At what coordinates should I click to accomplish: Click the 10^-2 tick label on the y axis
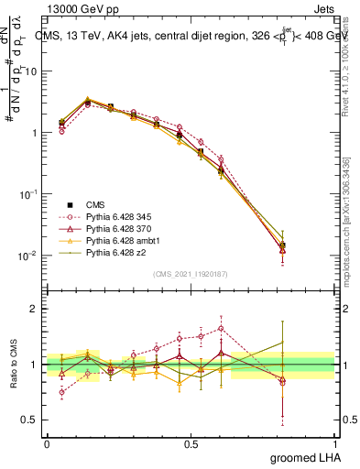pos(29,256)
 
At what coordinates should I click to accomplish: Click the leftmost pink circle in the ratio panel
pos(61,392)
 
